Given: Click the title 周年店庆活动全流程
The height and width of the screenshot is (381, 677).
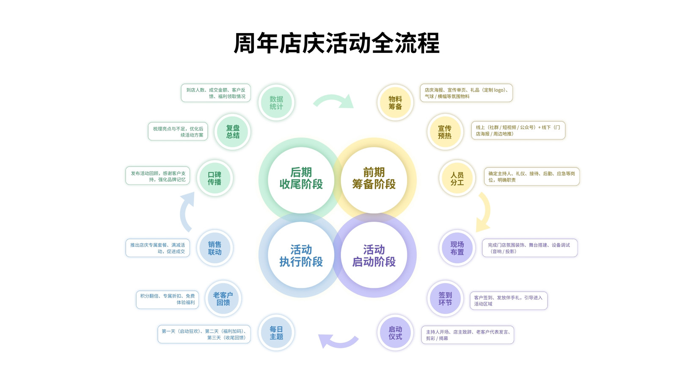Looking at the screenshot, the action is coord(336,43).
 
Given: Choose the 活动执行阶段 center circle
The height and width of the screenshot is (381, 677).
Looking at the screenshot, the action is coord(301,256).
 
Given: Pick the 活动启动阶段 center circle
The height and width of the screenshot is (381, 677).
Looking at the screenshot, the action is coord(374,256).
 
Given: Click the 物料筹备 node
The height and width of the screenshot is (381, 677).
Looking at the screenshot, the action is coord(395,102).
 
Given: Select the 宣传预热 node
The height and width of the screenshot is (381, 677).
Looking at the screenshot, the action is coord(445,132).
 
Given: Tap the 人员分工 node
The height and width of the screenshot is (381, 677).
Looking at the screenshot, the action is coord(457,178).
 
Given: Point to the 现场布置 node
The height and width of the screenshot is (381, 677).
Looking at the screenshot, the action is coord(457,248).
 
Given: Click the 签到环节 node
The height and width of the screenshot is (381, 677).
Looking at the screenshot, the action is coord(445,298).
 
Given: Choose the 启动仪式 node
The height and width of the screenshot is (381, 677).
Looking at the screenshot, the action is coord(395,333).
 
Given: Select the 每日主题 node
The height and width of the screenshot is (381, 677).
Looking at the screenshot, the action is coord(276,333).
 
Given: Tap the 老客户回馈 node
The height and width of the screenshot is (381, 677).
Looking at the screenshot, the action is coord(223,298).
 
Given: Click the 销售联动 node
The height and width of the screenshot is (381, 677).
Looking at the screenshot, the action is coord(215,248).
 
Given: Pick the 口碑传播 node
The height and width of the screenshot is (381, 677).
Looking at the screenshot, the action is coord(215,178).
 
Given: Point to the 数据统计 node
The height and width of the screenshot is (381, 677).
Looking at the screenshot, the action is coord(276,102).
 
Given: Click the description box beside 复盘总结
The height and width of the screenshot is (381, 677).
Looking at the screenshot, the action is coord(178,131).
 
